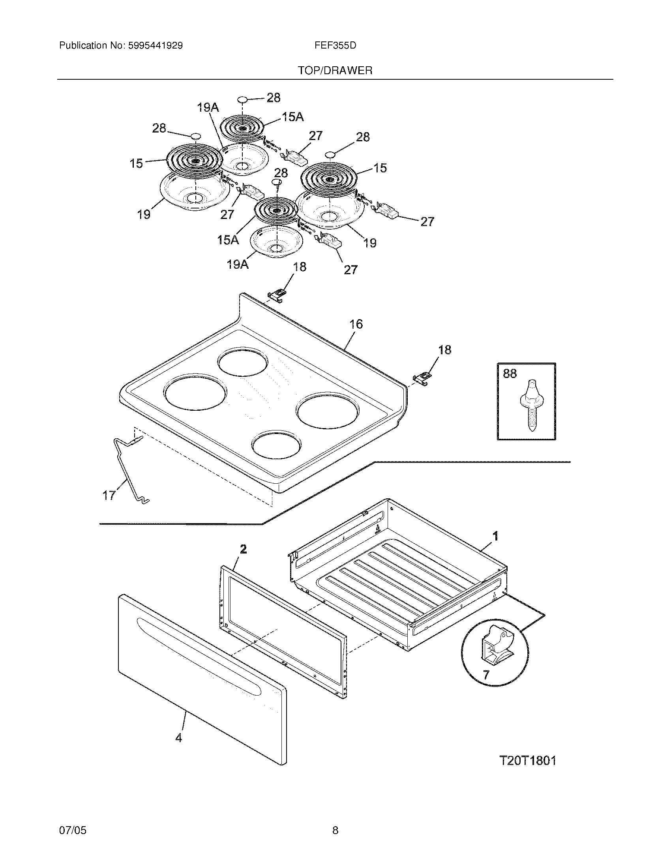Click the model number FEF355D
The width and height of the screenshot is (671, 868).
[x=335, y=45]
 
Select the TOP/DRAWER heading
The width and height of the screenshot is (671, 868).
[x=335, y=71]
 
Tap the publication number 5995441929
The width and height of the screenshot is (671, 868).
[x=155, y=45]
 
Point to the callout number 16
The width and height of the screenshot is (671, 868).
[x=356, y=324]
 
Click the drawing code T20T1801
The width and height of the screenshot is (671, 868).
[x=527, y=761]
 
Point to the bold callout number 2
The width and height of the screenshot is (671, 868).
[x=243, y=549]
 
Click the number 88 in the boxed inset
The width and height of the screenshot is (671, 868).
[x=510, y=374]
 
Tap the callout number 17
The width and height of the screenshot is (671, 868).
[x=109, y=495]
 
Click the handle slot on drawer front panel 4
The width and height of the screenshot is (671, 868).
[x=199, y=656]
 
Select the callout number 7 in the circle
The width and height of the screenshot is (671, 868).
[x=486, y=674]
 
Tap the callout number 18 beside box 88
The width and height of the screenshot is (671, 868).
[x=444, y=350]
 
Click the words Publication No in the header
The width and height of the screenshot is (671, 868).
[x=92, y=45]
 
